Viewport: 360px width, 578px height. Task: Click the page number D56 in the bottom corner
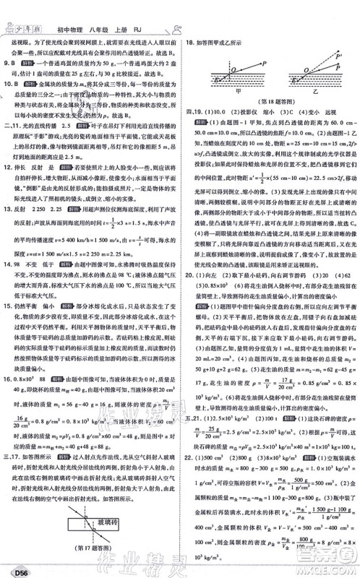(x=17, y=569)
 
